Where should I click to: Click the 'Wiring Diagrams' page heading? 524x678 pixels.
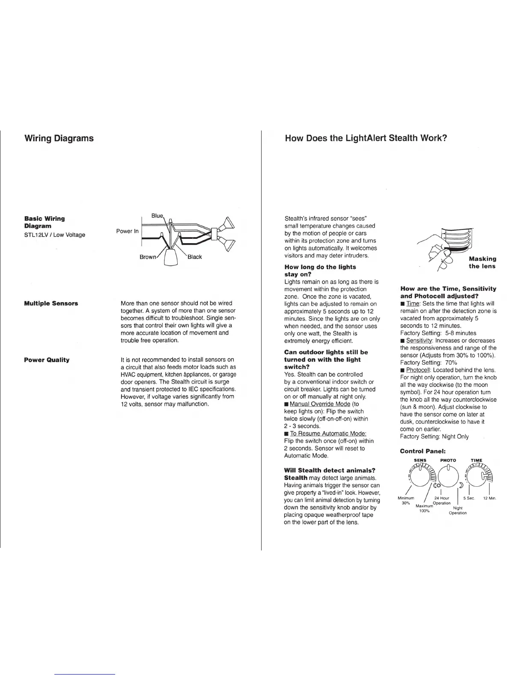click(x=59, y=138)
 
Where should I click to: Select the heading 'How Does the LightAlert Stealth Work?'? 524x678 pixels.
click(x=366, y=138)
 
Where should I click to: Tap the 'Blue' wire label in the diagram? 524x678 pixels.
click(x=158, y=216)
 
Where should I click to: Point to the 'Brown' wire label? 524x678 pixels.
click(x=148, y=257)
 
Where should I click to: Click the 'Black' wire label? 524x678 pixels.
click(x=194, y=257)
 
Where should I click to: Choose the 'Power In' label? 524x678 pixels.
click(x=128, y=231)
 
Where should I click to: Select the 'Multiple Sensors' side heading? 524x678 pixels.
click(x=51, y=303)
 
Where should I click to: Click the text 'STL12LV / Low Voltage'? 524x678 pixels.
click(x=55, y=235)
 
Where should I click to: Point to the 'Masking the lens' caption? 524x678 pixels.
click(x=482, y=262)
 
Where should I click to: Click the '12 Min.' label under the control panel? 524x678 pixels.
click(x=489, y=498)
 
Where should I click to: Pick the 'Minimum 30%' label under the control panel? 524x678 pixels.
click(x=406, y=500)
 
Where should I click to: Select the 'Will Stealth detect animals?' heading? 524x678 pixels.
click(x=330, y=470)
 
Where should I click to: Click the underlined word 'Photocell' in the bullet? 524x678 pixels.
click(x=418, y=370)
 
